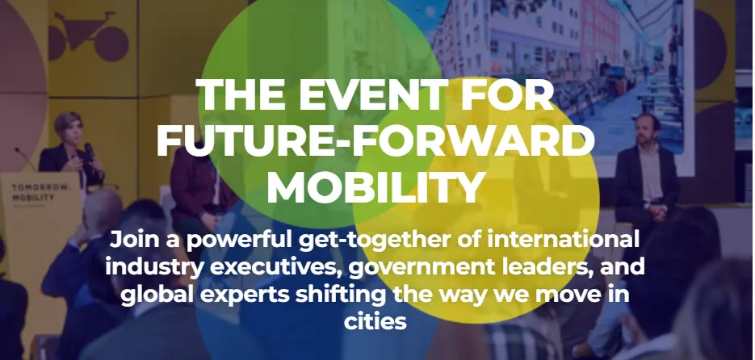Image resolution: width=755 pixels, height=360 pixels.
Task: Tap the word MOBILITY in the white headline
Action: [375, 186]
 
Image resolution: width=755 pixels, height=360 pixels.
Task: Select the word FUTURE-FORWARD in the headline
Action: [375, 140]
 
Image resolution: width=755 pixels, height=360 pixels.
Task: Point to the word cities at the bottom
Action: [375, 321]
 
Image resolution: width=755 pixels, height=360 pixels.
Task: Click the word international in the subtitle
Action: [564, 239]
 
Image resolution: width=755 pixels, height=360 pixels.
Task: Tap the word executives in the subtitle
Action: [276, 267]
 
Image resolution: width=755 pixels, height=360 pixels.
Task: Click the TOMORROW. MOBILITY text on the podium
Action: [40, 193]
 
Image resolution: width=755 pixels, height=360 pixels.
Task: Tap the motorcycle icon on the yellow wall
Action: [88, 36]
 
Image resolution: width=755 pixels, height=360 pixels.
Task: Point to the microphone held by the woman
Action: [89, 151]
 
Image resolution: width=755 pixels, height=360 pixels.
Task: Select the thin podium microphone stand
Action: [25, 159]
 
